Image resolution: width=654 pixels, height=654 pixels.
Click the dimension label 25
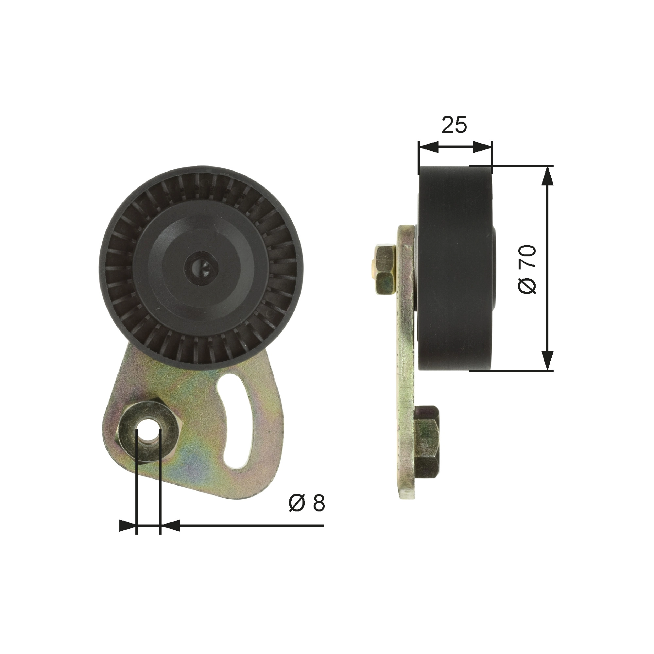454,125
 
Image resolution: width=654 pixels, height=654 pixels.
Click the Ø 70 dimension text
527,269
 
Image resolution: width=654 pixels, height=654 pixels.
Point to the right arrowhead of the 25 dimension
482,147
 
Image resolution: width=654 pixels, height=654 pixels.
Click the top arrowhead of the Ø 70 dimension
547,176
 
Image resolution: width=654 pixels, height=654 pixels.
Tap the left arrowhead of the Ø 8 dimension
128,535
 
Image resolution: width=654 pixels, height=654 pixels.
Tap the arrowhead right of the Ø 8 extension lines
169,535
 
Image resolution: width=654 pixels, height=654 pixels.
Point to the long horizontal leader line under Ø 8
250,535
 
